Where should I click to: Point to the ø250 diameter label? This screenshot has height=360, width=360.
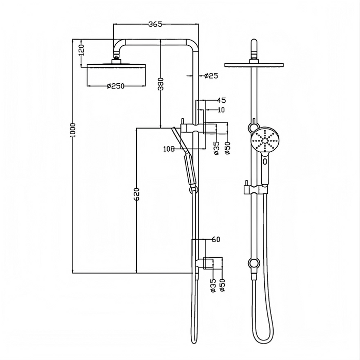click(116, 86)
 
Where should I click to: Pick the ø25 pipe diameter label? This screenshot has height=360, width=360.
click(211, 76)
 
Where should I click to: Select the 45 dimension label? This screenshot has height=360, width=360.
click(222, 100)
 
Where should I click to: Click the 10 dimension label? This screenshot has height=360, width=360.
click(222, 110)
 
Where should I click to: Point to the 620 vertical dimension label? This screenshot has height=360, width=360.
click(136, 194)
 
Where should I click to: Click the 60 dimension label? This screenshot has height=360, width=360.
click(215, 240)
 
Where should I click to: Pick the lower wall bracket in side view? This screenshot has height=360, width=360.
click(208, 263)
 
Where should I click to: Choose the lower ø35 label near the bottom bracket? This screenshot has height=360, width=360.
click(213, 285)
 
